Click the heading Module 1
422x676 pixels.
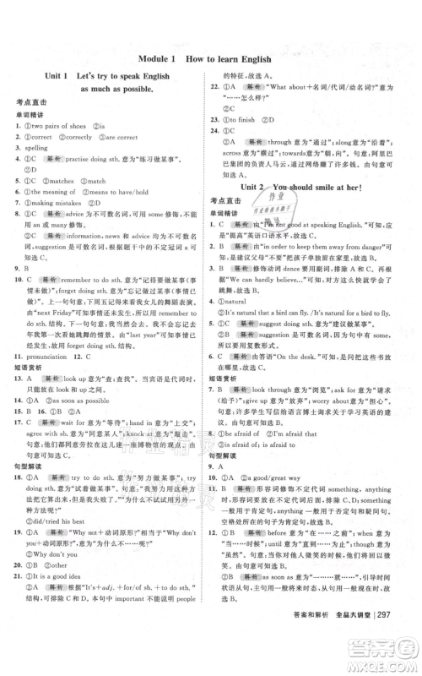pos(154,58)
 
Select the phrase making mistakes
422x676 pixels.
pos(59,202)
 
